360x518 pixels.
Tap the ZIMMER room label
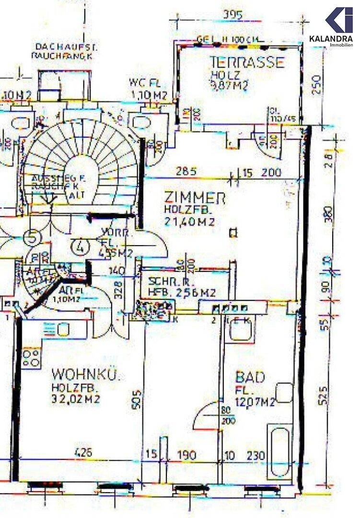click(195, 198)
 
